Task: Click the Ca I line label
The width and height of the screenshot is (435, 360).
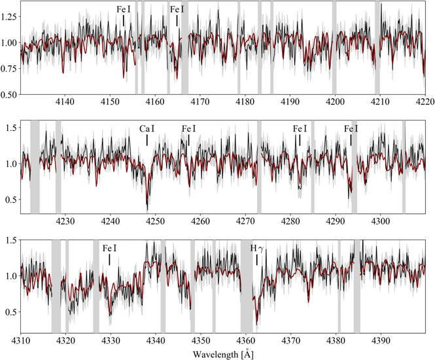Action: [147, 129]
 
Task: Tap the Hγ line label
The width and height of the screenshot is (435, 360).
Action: [257, 249]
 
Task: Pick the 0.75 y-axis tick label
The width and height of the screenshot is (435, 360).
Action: [10, 69]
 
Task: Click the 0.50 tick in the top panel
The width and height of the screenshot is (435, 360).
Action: [10, 94]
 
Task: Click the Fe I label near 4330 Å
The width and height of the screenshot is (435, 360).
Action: [110, 249]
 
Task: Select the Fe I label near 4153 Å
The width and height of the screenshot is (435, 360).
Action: [124, 9]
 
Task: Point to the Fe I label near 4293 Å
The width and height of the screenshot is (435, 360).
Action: [351, 129]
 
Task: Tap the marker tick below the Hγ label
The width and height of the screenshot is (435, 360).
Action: [257, 260]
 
